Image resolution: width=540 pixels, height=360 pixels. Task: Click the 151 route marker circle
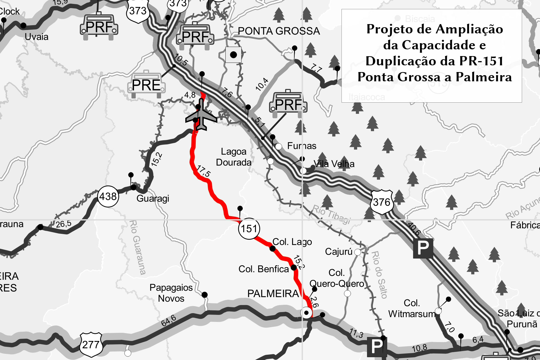coord(249,229)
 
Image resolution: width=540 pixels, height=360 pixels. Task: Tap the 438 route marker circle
coord(108,196)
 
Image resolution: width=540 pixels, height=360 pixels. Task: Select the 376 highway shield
coord(382,202)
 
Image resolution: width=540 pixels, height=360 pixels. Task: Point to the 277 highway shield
coord(91,345)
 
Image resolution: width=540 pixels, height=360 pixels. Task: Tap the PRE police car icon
coord(146,85)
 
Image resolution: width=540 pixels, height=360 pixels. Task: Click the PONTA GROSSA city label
coord(279,31)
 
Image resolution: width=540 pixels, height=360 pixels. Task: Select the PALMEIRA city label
coord(273,294)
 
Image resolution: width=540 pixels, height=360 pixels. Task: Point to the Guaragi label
coord(153,199)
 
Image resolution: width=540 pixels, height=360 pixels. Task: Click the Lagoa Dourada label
coord(234,157)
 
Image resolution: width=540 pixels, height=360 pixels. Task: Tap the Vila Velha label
coord(334,164)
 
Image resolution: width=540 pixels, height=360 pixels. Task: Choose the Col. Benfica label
coord(264,269)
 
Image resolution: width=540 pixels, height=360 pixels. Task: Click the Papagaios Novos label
coord(171,293)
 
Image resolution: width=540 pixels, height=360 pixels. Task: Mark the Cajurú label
coord(339,251)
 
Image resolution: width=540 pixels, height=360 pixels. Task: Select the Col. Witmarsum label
coord(412,308)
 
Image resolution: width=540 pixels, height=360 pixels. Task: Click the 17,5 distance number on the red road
coord(204,171)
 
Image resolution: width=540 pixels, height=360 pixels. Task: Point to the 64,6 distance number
coord(169,320)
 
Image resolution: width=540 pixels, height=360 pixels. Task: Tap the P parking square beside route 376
coord(423,248)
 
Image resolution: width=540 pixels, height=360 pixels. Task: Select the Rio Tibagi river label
coord(331,214)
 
